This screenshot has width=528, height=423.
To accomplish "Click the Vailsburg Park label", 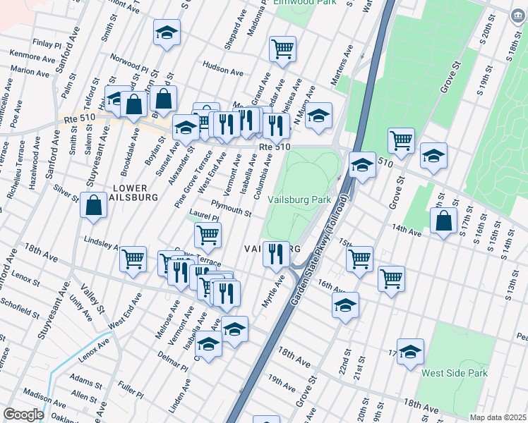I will click(x=300, y=200).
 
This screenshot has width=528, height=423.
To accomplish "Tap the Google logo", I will click(x=23, y=415).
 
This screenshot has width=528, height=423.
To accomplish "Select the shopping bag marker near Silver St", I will click(x=94, y=205).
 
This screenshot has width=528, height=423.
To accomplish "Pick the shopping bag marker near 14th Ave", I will click(x=443, y=221).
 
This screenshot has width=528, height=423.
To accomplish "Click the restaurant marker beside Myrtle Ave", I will click(x=276, y=252).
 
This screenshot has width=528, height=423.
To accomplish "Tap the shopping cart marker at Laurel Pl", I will click(x=208, y=235).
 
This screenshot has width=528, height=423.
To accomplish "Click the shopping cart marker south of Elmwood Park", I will click(x=282, y=49).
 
